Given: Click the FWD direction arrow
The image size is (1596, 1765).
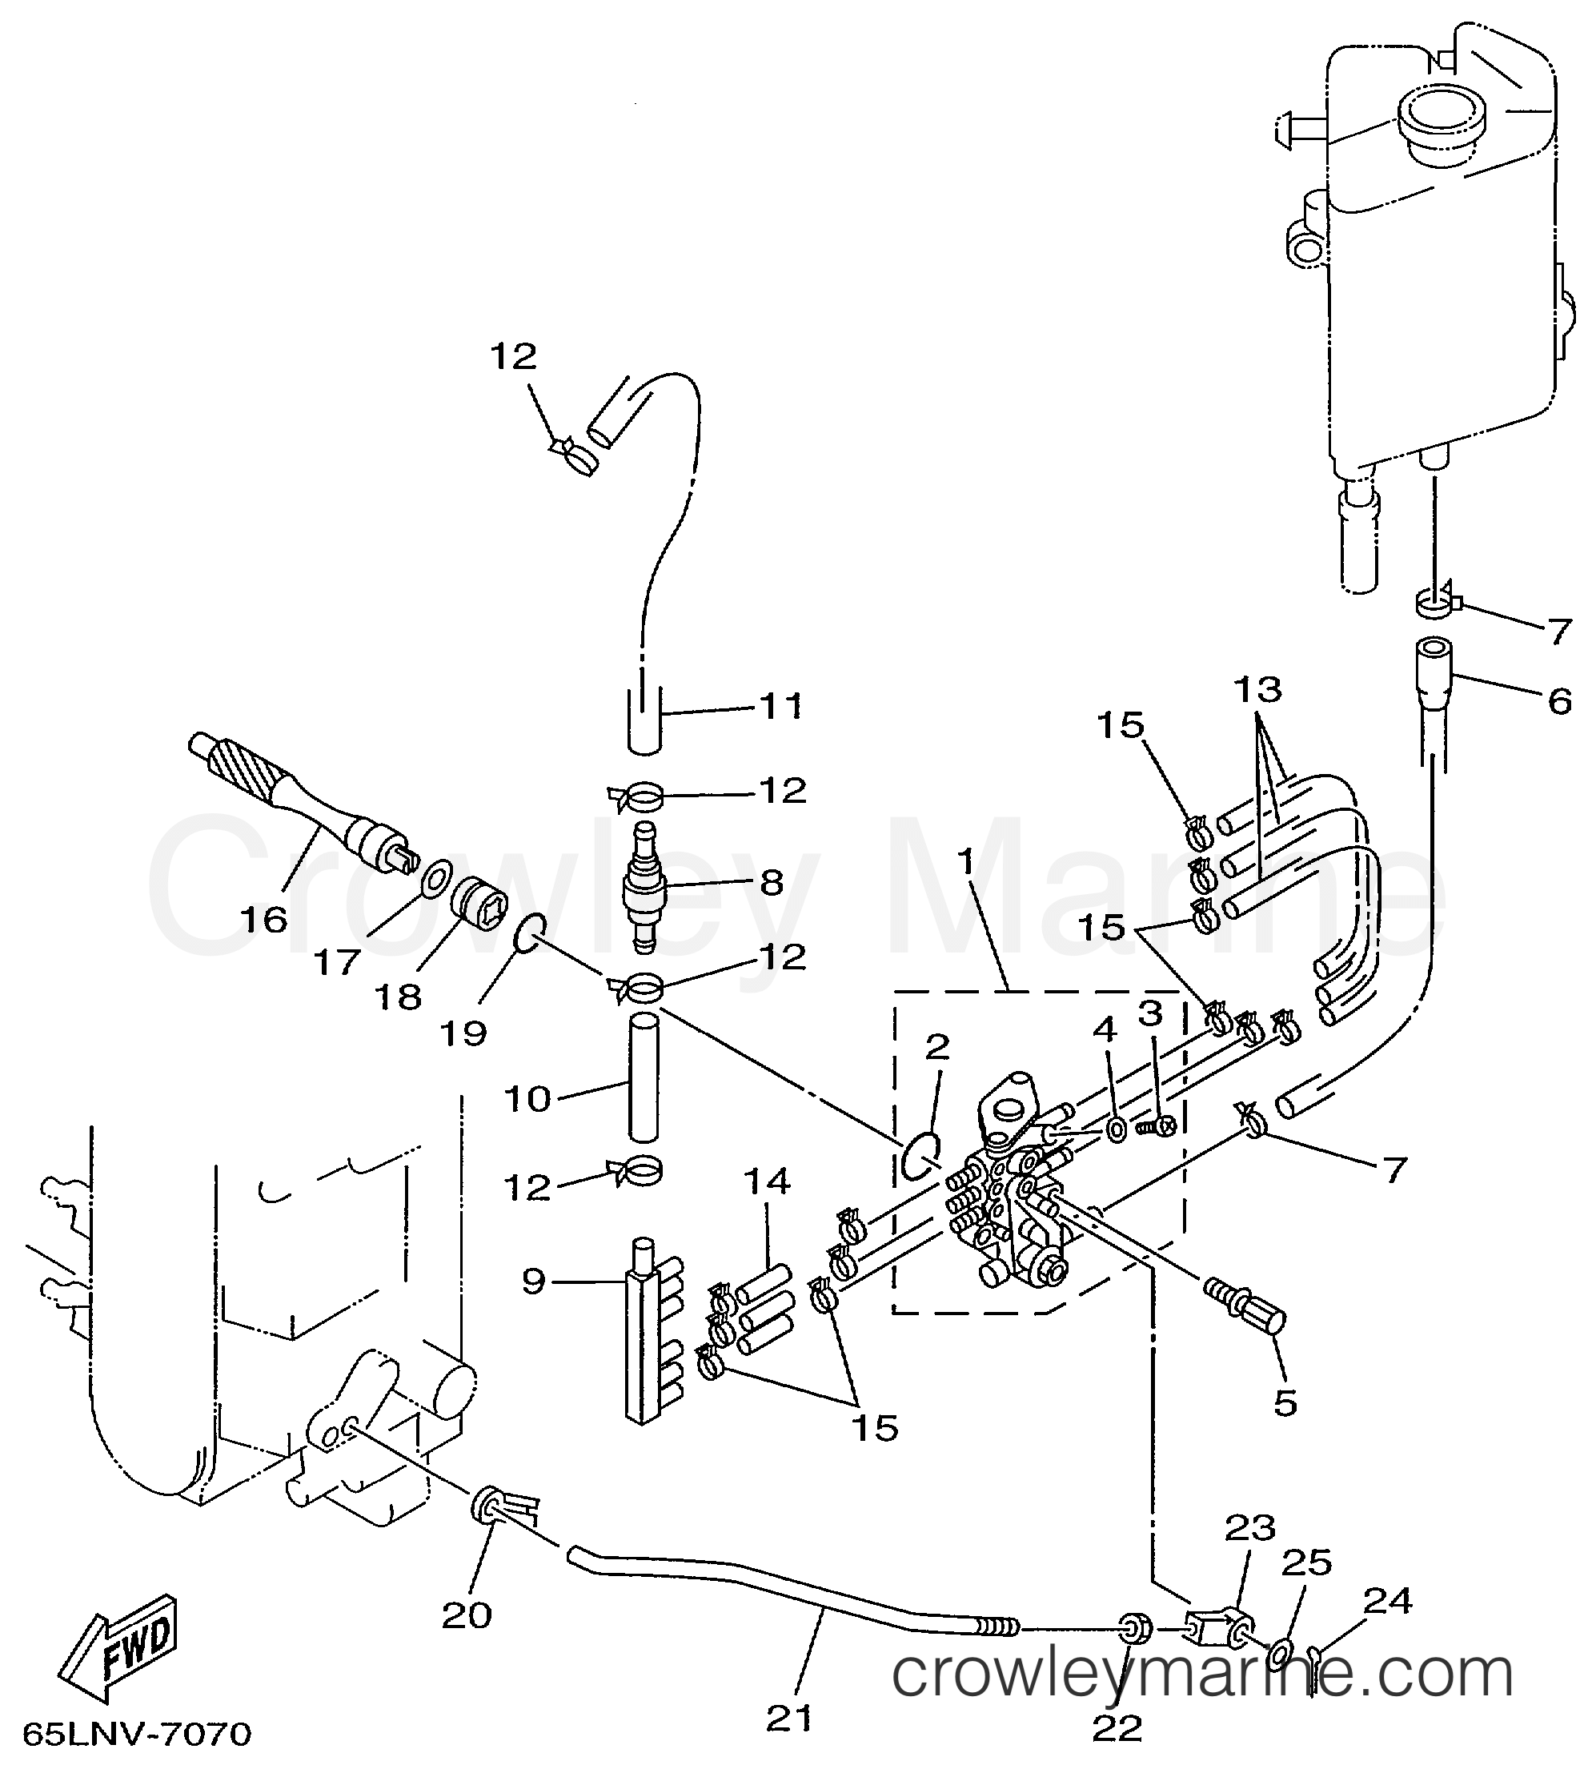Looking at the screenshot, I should pyautogui.click(x=123, y=1647).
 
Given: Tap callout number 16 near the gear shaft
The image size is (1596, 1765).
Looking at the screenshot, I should pyautogui.click(x=263, y=919).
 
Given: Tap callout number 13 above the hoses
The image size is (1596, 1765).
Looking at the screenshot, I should pyautogui.click(x=1258, y=689).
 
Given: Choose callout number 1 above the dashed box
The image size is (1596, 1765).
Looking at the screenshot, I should pyautogui.click(x=964, y=863).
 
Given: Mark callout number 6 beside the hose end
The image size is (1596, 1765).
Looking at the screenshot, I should pyautogui.click(x=1559, y=701).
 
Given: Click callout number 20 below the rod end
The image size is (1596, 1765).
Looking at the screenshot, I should pyautogui.click(x=466, y=1616).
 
